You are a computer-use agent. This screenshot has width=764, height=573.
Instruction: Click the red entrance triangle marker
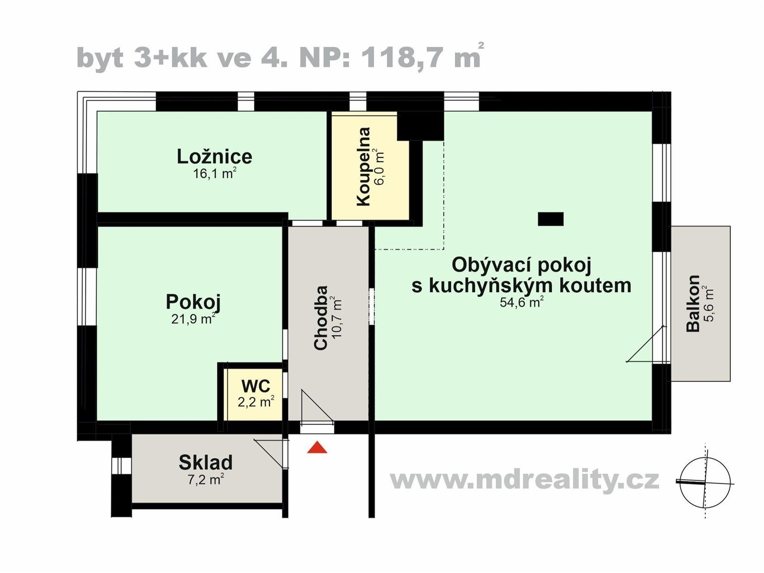tap(317, 448)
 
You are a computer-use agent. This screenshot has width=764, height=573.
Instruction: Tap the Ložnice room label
tap(214, 157)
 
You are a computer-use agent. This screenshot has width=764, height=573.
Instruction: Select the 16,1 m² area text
tap(214, 173)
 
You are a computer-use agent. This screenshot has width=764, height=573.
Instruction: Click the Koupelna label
tap(364, 166)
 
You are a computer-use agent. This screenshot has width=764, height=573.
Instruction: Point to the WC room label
tap(255, 386)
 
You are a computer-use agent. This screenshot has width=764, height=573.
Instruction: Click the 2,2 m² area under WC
tap(255, 402)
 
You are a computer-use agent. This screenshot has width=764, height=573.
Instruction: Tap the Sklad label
tap(205, 462)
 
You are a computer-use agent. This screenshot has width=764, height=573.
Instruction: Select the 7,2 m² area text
tap(205, 479)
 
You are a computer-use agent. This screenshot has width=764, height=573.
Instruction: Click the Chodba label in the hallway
tap(321, 318)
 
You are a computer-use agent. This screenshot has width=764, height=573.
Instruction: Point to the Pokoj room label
tap(193, 302)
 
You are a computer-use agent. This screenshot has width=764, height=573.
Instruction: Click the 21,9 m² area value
tap(193, 318)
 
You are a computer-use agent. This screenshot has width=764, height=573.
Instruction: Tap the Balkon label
tap(693, 303)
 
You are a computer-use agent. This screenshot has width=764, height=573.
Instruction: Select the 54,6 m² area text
tap(521, 302)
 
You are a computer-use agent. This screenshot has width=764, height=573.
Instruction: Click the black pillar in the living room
tap(551, 219)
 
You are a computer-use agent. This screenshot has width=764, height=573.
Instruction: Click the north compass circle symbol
tap(705, 482)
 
